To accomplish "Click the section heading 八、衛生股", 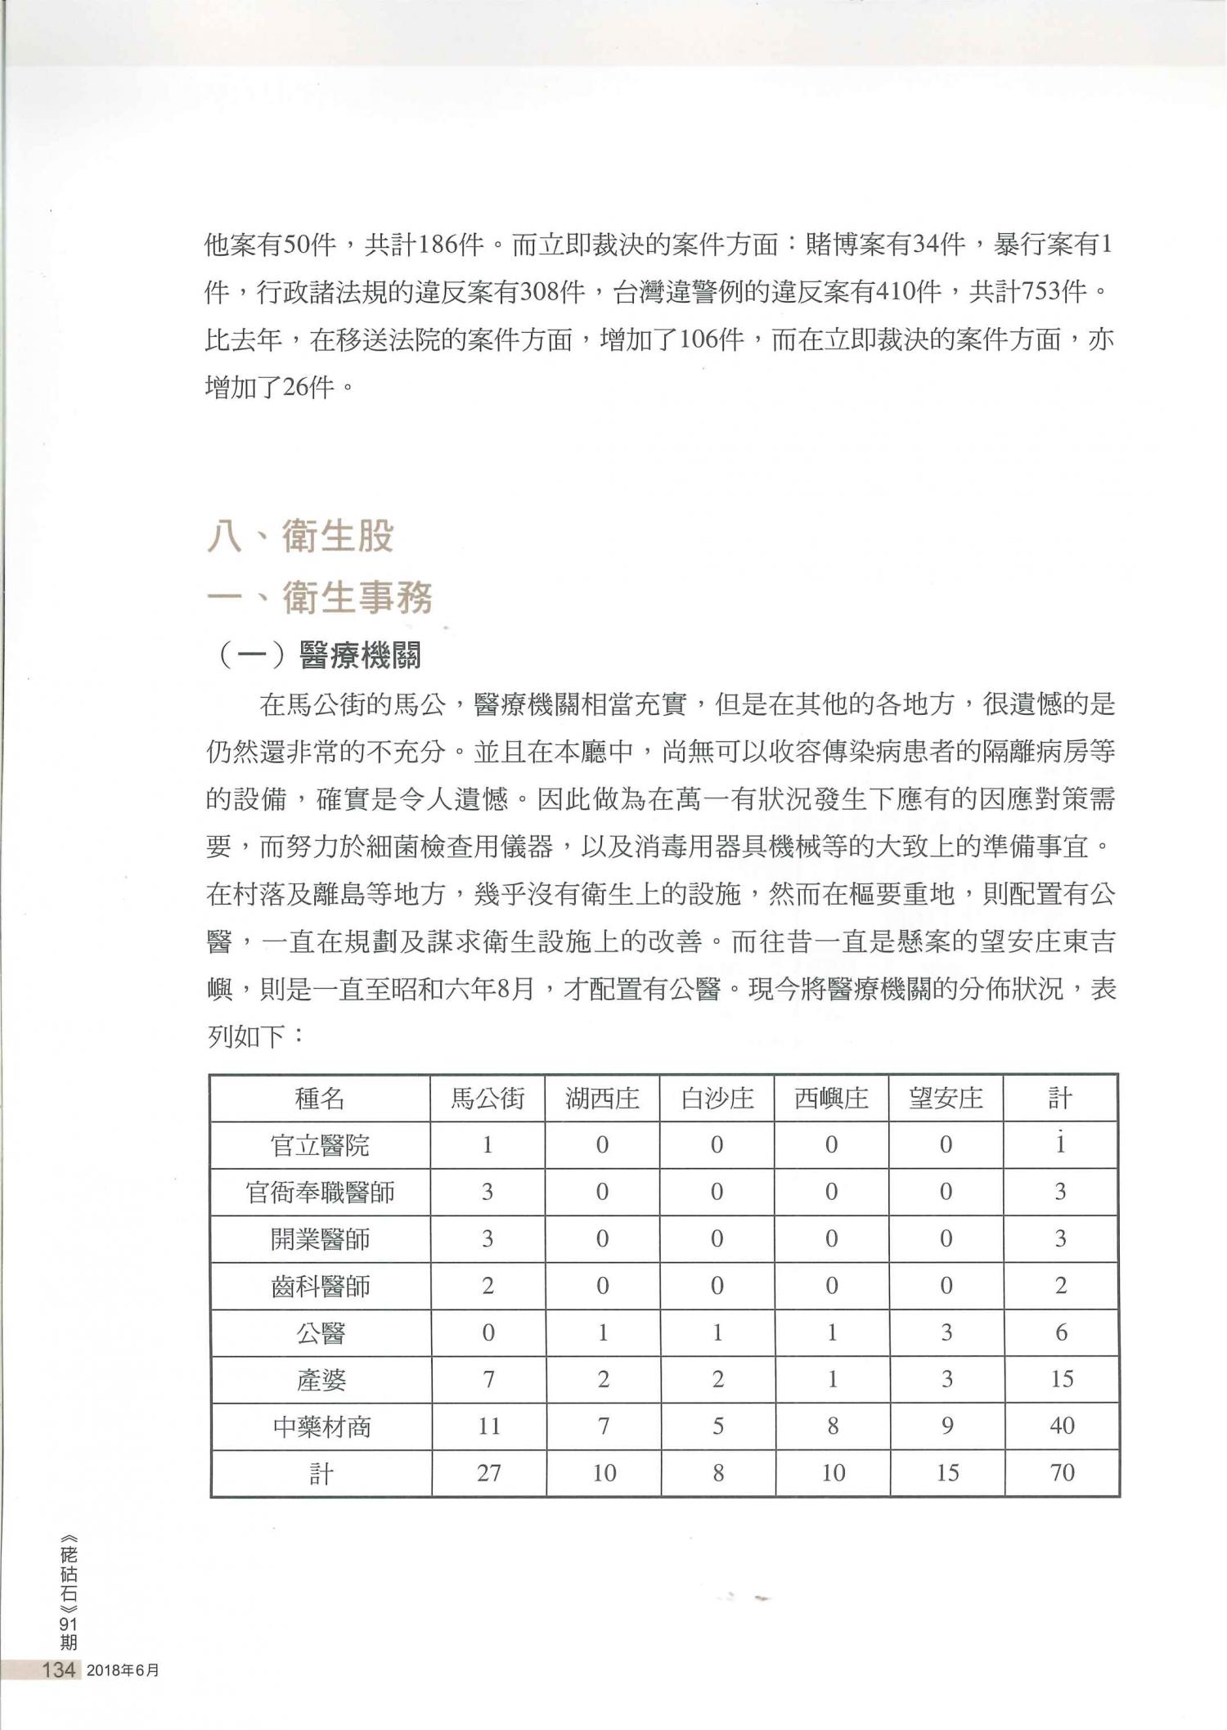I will coord(300,537).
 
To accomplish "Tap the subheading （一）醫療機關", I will coord(321,655).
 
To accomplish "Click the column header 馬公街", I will coord(488,1098).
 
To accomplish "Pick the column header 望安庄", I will coord(946,1098).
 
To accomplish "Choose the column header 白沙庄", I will coord(717,1098).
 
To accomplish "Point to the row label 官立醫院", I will coord(320,1145).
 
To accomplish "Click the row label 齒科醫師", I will coord(320,1287).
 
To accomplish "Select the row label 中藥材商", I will coord(320,1427).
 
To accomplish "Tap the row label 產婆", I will coord(320,1381).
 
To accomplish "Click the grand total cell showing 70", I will coord(1061,1473).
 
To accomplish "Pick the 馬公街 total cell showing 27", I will coord(488,1473).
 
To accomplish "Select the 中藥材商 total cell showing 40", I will coord(1061,1427).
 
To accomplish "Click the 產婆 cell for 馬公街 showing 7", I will coord(488,1380).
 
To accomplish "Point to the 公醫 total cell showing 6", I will coord(1061,1333).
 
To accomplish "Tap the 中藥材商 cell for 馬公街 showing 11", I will coord(488,1427).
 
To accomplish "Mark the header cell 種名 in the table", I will coord(320,1098).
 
